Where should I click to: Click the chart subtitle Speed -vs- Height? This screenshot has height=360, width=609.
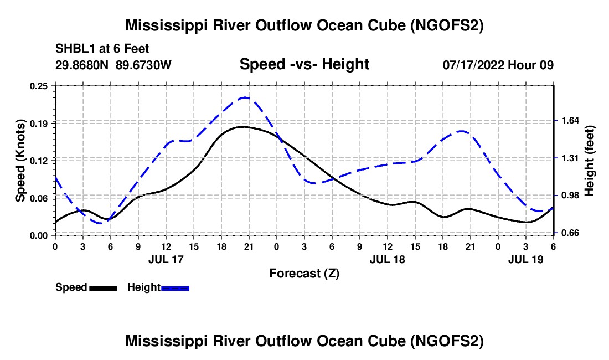(304, 65)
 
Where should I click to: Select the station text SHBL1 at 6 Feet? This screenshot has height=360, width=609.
(102, 49)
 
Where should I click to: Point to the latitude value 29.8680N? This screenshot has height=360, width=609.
(83, 65)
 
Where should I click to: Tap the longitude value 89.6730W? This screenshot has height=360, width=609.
(144, 65)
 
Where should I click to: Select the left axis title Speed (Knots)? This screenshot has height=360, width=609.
(20, 160)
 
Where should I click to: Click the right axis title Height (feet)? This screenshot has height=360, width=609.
(589, 161)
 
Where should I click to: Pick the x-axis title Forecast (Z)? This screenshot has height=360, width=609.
(304, 273)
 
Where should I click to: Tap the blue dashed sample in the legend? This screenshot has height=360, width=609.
(176, 287)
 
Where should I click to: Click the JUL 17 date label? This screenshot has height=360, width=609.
(166, 259)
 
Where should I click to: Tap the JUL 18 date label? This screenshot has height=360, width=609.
(387, 259)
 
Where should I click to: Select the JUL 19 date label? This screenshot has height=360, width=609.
(525, 259)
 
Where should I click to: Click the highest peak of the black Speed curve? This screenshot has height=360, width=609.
(242, 127)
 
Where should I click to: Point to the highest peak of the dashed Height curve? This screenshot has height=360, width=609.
(245, 97)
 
